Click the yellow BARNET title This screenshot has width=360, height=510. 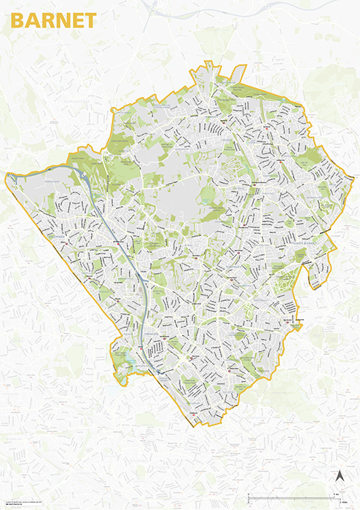53,20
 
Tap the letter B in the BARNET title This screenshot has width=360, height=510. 17,20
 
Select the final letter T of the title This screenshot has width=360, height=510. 90,20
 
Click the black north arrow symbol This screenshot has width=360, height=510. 338,476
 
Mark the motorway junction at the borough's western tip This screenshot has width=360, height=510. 9,176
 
